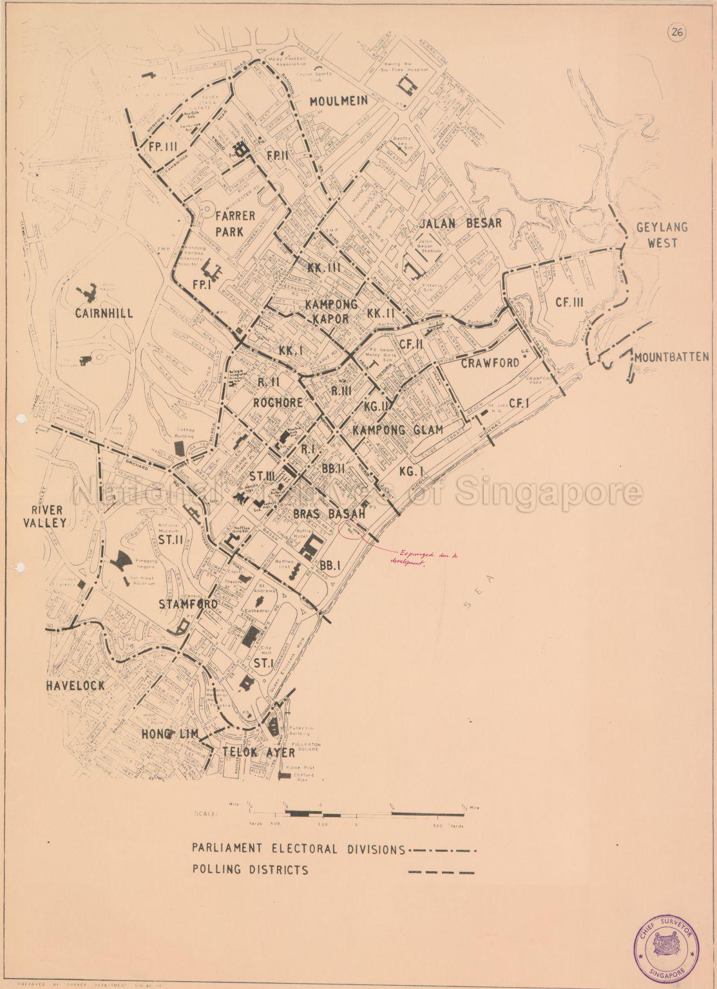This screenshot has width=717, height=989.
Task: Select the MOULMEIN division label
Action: coord(338,100)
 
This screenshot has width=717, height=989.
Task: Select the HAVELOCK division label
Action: coord(75,686)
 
